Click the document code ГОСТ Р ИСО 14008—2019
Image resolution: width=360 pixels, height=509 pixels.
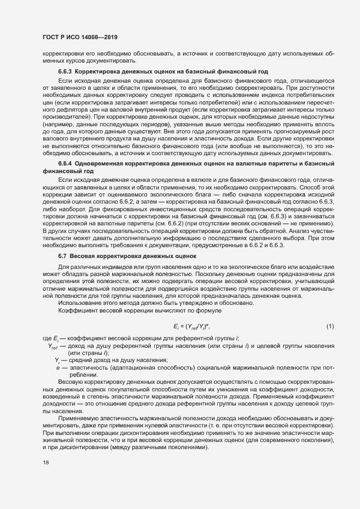(80, 37)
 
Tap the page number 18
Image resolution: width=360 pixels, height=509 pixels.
(45, 462)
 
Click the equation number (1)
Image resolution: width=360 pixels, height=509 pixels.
(330, 326)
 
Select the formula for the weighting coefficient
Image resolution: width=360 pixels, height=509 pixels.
(192, 326)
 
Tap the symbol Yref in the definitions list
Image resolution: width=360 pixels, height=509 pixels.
(53, 347)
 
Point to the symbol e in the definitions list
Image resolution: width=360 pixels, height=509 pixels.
(58, 369)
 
